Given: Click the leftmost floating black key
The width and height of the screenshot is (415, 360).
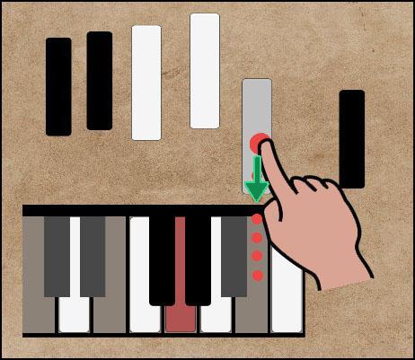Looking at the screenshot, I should click(58, 87).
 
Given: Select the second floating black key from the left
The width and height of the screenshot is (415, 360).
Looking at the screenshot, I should click(100, 81).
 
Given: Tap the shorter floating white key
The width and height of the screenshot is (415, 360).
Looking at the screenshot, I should click(146, 83).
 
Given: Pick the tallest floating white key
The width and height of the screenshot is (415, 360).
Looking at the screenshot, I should click(205, 71).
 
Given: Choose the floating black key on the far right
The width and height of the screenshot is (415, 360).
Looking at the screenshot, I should click(352, 138).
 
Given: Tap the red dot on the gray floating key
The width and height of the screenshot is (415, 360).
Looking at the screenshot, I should click(260, 143).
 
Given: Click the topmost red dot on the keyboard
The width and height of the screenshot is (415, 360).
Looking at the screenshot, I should click(257, 219).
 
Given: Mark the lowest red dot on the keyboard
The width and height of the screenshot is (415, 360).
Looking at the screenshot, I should click(257, 274).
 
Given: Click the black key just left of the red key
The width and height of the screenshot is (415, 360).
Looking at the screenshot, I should click(163, 259).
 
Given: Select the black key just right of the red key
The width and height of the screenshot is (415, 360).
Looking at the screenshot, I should click(198, 259).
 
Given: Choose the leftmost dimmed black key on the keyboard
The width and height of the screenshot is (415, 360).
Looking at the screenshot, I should click(57, 256).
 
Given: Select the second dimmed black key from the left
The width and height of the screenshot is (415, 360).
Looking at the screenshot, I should click(93, 256).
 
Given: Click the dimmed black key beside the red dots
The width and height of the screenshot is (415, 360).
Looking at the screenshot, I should click(234, 256).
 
